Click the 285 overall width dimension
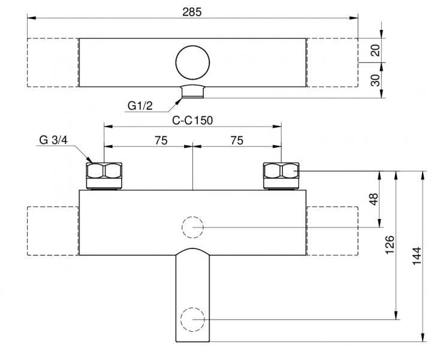click(192, 11)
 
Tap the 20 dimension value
click(376, 50)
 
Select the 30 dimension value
click(376, 80)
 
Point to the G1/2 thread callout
click(140, 106)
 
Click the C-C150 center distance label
click(192, 120)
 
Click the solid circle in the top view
click(193, 62)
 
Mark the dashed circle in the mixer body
click(192, 227)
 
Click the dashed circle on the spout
click(192, 319)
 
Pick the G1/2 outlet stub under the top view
click(193, 92)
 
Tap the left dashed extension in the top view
click(53, 62)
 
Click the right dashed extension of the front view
click(332, 231)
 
